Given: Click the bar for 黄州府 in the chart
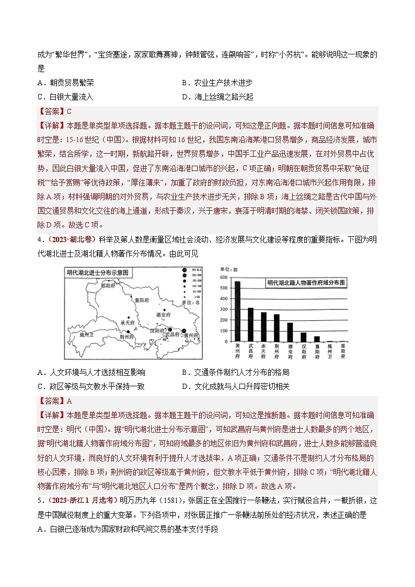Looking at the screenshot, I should point(238,311).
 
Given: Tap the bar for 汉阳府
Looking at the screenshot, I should point(304,337).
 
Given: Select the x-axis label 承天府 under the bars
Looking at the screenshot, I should point(264,351).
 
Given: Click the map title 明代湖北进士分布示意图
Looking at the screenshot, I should point(98,272).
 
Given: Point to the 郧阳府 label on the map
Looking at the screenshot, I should point(108,286).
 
